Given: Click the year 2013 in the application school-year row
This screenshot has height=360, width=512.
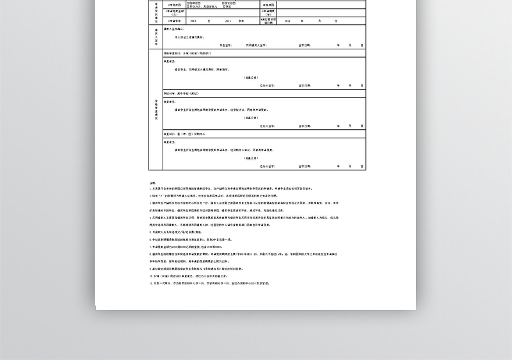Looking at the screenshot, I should pos(228,21).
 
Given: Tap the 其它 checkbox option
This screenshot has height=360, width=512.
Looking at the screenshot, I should pos(228,6).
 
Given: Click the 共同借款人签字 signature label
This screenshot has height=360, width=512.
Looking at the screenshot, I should pos(255,45).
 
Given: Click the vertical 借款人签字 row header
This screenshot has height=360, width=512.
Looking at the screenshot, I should pos(156,38).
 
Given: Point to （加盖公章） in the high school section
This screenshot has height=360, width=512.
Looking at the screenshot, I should pos(250,118).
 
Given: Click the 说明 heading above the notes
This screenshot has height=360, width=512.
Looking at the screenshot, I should pos(152,182).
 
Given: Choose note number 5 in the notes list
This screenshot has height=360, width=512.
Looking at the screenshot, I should pos(176,232).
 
